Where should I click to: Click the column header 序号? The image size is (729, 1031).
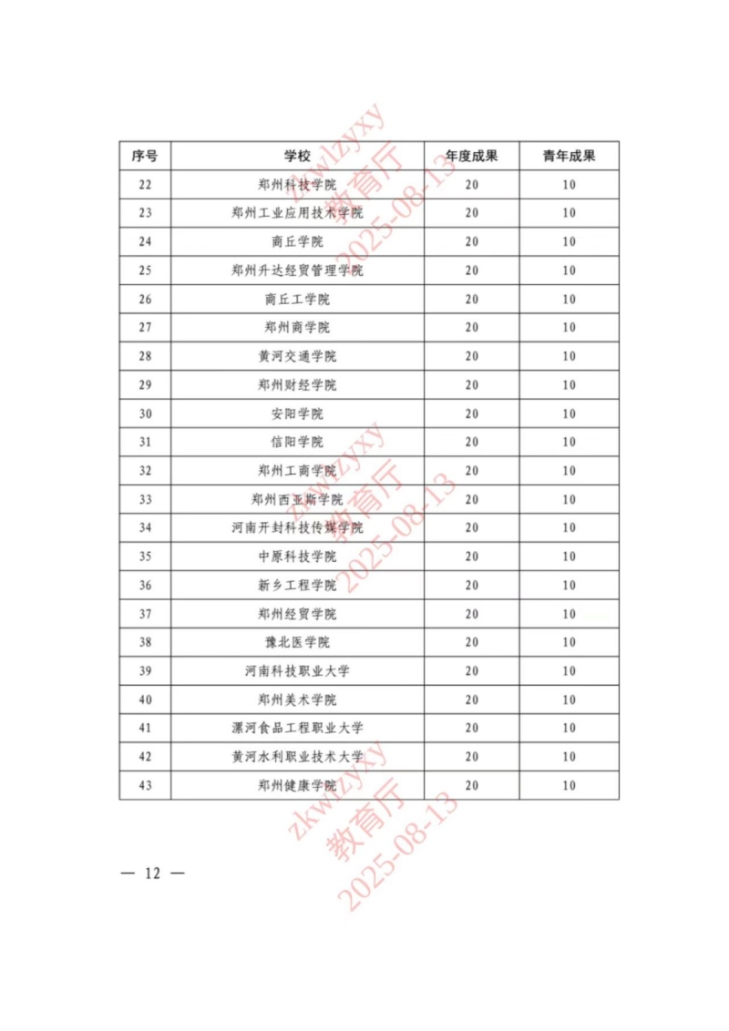pyautogui.click(x=145, y=156)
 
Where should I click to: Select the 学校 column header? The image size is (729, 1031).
pyautogui.click(x=297, y=156)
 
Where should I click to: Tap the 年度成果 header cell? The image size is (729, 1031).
pyautogui.click(x=471, y=156)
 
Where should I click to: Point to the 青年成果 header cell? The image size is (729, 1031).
pyautogui.click(x=570, y=156)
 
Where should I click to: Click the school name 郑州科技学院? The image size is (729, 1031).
pyautogui.click(x=297, y=185)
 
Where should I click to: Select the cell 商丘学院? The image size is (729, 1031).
pyautogui.click(x=297, y=241)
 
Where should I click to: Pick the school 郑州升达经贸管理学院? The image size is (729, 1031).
pyautogui.click(x=297, y=271)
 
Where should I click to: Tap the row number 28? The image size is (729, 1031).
pyautogui.click(x=145, y=356)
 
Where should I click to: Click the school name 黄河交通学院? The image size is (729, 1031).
pyautogui.click(x=297, y=356)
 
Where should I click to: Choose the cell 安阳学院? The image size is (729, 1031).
pyautogui.click(x=297, y=413)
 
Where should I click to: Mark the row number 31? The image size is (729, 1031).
pyautogui.click(x=145, y=442)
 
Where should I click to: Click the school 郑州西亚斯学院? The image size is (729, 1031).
pyautogui.click(x=297, y=499)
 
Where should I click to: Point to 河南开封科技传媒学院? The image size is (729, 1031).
pyautogui.click(x=297, y=527)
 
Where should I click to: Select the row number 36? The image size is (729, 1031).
pyautogui.click(x=145, y=585)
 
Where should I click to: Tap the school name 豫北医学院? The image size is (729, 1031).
pyautogui.click(x=297, y=642)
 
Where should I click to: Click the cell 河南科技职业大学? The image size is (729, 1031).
pyautogui.click(x=297, y=670)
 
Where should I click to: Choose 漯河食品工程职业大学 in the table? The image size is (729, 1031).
pyautogui.click(x=297, y=728)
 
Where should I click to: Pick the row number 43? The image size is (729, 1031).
pyautogui.click(x=145, y=785)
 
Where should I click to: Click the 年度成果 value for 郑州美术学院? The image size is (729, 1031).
pyautogui.click(x=471, y=699)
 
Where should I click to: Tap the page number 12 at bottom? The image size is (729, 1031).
pyautogui.click(x=152, y=873)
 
